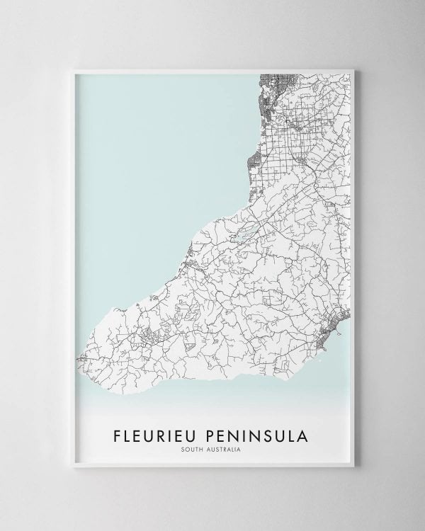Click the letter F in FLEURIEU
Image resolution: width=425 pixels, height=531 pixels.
[118, 433]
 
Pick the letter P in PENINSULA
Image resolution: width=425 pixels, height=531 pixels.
[214, 433]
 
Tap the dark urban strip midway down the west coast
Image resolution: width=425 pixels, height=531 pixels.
[251, 165]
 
